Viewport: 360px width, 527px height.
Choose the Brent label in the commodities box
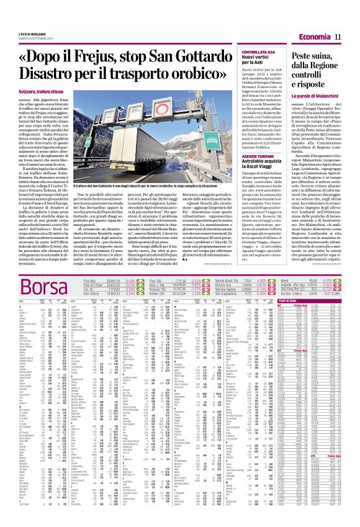click(301, 282)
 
